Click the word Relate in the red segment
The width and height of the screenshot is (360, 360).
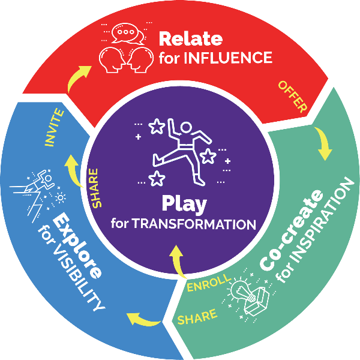[x=190, y=39]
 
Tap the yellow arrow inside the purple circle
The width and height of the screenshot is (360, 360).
[x=177, y=259]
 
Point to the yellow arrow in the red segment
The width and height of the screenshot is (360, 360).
[x=77, y=77]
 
